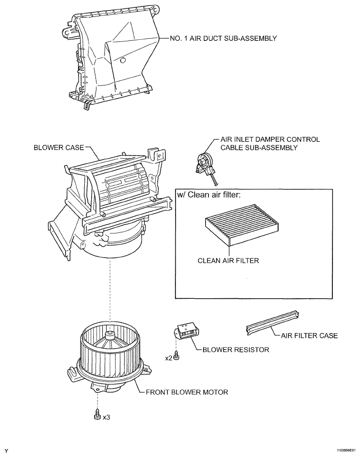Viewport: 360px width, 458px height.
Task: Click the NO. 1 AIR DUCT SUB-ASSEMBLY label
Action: (x=223, y=38)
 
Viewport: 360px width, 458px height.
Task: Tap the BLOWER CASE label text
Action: (x=59, y=148)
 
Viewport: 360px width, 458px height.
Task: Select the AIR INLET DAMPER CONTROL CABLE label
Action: (x=270, y=143)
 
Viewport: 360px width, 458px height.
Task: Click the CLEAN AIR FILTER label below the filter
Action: (x=229, y=261)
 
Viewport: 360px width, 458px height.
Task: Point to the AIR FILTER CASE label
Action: (x=309, y=335)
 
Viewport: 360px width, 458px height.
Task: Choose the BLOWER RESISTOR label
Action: (x=236, y=350)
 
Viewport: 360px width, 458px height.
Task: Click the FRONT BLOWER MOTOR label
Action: (x=187, y=392)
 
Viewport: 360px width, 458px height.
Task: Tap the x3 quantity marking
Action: (x=107, y=417)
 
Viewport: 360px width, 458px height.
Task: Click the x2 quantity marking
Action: (x=169, y=358)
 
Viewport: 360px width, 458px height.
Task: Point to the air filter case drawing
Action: (x=273, y=323)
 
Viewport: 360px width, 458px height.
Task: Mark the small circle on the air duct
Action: (x=123, y=61)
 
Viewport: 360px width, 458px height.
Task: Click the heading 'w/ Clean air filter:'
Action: (x=209, y=195)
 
